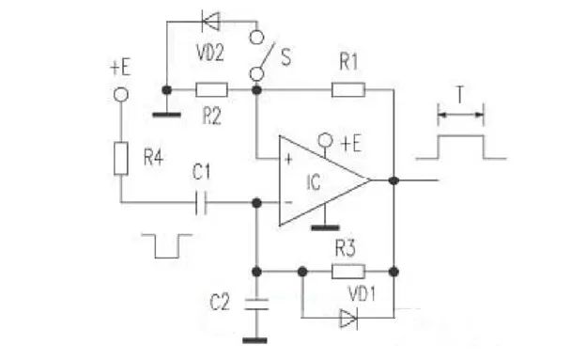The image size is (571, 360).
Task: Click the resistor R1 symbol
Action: click(348, 90)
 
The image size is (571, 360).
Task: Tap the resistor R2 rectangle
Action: click(210, 90)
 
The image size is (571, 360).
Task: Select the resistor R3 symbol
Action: click(347, 272)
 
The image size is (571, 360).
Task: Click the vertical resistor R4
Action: click(120, 158)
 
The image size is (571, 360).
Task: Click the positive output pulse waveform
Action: click(460, 147)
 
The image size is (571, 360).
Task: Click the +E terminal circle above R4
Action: click(120, 94)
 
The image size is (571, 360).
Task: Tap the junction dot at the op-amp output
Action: click(395, 178)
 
